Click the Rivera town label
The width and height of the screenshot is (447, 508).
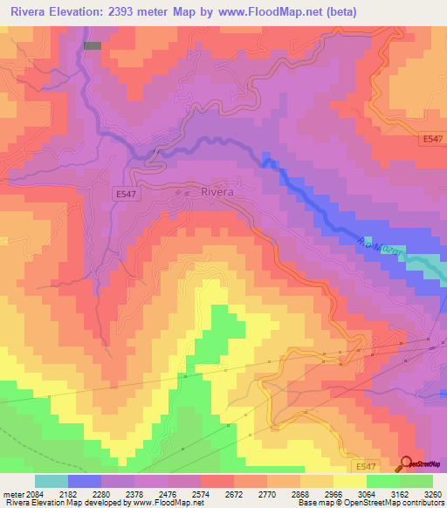click(217, 192)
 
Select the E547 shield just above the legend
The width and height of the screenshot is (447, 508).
click(367, 468)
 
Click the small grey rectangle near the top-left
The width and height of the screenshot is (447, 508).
click(92, 45)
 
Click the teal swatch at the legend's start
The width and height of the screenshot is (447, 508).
click(52, 481)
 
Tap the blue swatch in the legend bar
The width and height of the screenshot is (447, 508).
click(85, 481)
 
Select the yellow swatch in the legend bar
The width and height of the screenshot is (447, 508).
click(350, 481)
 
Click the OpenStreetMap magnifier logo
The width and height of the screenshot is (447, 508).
click(405, 464)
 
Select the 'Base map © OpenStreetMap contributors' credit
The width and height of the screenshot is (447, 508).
click(368, 503)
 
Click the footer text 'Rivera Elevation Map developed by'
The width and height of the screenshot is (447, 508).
click(65, 503)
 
